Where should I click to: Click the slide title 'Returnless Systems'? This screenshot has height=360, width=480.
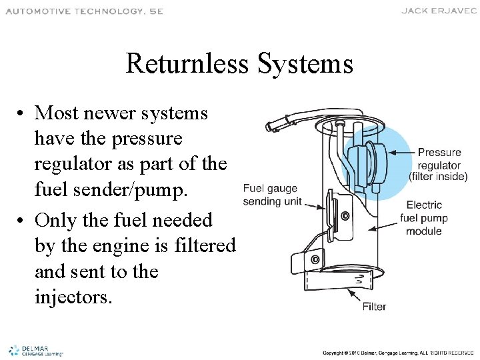(x=239, y=65)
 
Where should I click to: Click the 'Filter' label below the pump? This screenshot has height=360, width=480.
(x=374, y=307)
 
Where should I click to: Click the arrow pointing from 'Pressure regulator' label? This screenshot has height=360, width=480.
(x=399, y=153)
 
